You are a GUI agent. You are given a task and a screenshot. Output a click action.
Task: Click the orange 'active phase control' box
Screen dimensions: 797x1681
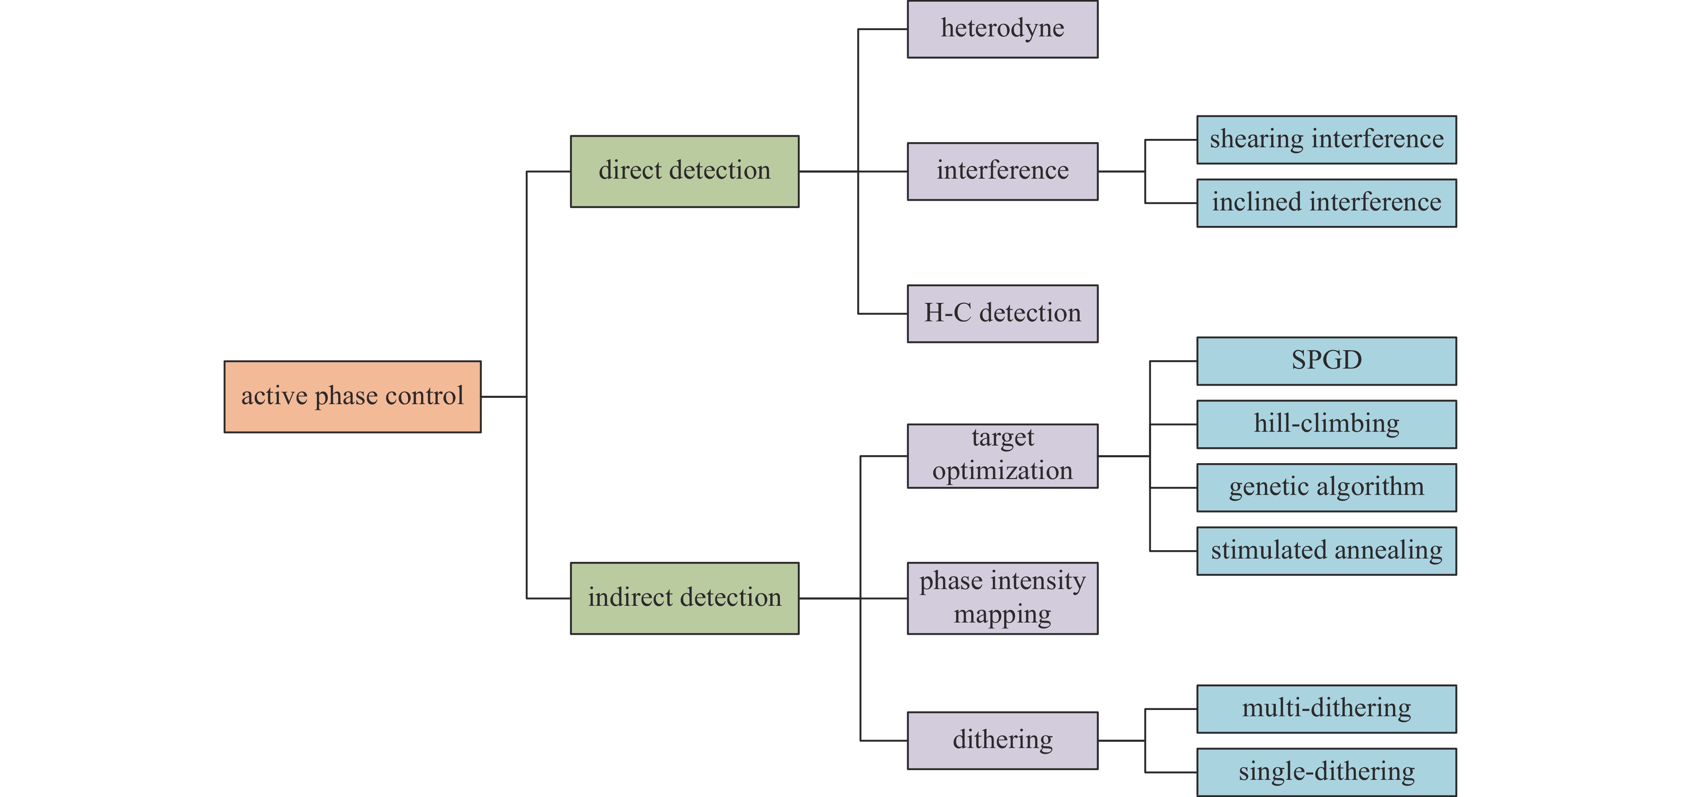[x=352, y=397]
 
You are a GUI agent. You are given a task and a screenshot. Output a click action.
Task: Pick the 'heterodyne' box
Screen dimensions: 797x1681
[x=1002, y=29]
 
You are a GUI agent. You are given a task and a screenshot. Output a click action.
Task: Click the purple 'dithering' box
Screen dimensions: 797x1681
[x=1002, y=740]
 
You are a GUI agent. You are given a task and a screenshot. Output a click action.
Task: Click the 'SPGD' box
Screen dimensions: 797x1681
[x=1326, y=361]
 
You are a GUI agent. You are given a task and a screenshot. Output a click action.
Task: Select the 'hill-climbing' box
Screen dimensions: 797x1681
[x=1326, y=424]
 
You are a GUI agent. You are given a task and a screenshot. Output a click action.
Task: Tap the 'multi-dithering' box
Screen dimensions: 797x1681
[x=1326, y=708]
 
